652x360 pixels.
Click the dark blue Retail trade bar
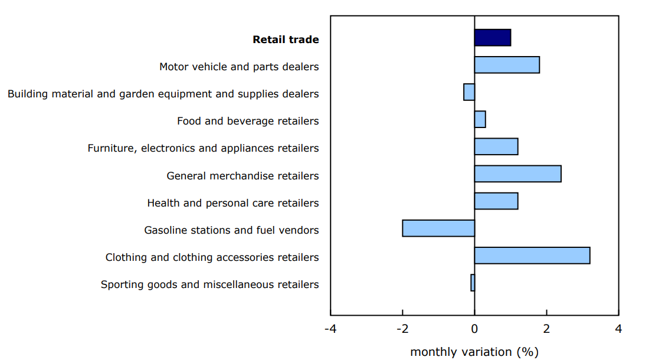tap(492, 37)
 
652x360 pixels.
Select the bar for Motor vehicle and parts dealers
tap(506, 65)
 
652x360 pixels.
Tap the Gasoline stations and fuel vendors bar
tap(438, 228)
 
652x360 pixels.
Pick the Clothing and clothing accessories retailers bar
tap(532, 256)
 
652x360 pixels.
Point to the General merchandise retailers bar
tap(517, 174)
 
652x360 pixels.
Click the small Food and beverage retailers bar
tap(480, 119)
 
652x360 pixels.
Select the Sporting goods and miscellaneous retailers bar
tap(473, 283)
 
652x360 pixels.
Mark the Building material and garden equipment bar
tap(469, 92)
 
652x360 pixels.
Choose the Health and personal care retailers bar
tap(496, 201)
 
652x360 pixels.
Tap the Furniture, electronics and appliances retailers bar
tap(496, 146)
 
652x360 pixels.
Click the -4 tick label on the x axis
tap(330, 328)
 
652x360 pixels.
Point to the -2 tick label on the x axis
tap(402, 328)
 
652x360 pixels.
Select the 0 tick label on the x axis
tap(474, 328)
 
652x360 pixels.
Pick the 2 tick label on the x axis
tap(546, 328)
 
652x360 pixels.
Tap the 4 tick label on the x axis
tap(618, 328)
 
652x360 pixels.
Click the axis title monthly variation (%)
tap(474, 352)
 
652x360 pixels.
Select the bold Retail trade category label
tap(286, 40)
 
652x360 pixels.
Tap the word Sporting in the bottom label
tap(121, 285)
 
